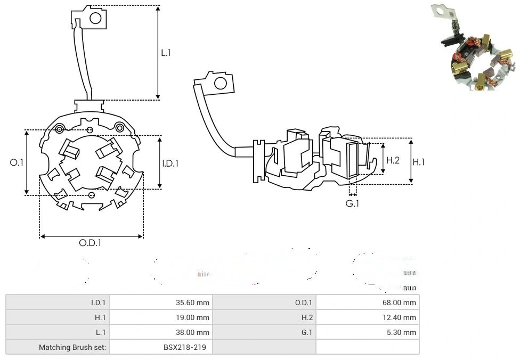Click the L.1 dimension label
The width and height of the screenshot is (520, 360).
[166, 53]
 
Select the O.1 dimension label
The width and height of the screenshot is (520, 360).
[17, 162]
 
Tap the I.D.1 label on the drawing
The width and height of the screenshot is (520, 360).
[170, 163]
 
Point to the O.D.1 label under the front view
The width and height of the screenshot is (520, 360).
[90, 243]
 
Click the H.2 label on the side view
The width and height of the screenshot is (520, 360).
[393, 160]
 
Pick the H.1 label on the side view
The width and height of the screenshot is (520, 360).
[419, 162]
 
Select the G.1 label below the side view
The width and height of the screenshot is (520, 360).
[352, 203]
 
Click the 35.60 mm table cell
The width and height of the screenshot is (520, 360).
[192, 302]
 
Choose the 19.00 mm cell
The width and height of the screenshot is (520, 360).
[192, 317]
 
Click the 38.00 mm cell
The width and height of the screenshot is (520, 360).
[192, 332]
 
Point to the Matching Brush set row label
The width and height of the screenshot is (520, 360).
[72, 347]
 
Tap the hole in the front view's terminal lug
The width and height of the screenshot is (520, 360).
[95, 18]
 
